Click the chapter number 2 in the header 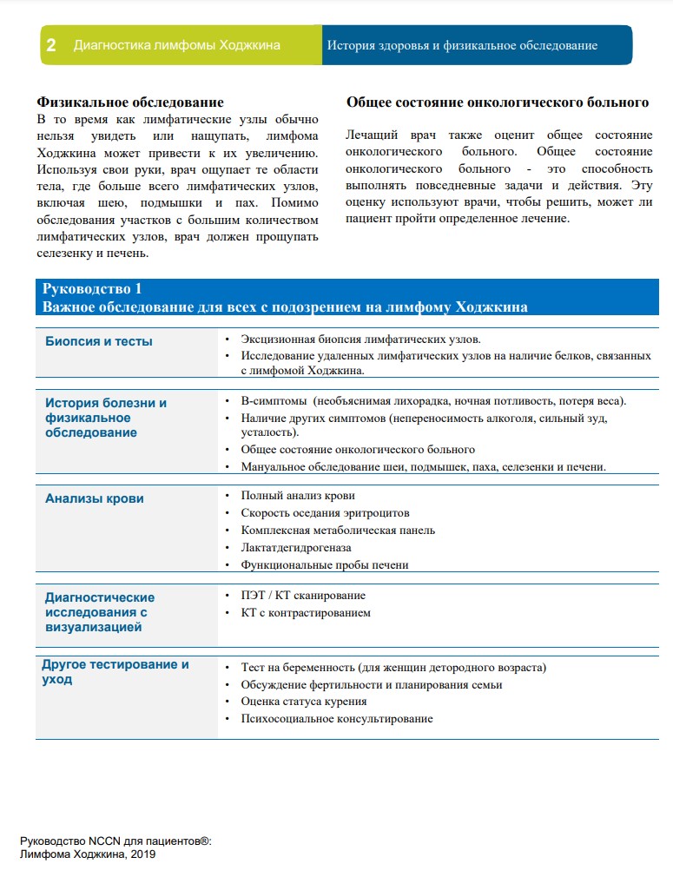click(51, 45)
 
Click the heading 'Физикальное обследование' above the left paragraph click(130, 102)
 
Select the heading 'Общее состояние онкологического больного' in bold click(498, 102)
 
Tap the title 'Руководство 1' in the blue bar click(92, 289)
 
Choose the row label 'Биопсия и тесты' click(99, 341)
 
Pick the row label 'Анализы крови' click(95, 498)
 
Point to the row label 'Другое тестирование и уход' click(116, 672)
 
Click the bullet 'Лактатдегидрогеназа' click(296, 547)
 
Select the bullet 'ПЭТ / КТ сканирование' click(303, 596)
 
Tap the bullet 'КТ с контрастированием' click(306, 613)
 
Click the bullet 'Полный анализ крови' click(298, 495)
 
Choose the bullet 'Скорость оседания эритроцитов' click(325, 512)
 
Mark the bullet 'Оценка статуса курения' click(304, 702)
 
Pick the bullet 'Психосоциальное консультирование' click(337, 719)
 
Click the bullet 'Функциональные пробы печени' click(325, 564)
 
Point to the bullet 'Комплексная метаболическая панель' click(338, 530)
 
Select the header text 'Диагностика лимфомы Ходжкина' click(177, 45)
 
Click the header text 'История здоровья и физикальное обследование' click(462, 45)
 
